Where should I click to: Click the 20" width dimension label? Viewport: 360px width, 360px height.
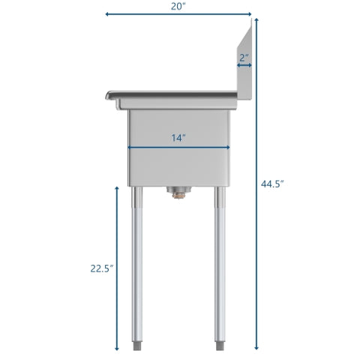click(178, 6)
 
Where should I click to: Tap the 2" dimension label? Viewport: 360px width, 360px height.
click(244, 57)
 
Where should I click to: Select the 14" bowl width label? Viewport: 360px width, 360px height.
click(178, 138)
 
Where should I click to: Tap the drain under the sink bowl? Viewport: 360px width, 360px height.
click(178, 194)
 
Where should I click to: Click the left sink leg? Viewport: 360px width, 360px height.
click(138, 262)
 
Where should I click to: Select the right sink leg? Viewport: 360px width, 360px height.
click(220, 262)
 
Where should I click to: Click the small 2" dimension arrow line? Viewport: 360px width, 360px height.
click(244, 66)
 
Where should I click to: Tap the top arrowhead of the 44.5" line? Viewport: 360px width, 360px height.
click(256, 20)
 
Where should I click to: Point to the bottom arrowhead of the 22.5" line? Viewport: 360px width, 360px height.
click(117, 349)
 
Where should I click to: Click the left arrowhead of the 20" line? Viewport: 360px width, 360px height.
click(108, 13)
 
